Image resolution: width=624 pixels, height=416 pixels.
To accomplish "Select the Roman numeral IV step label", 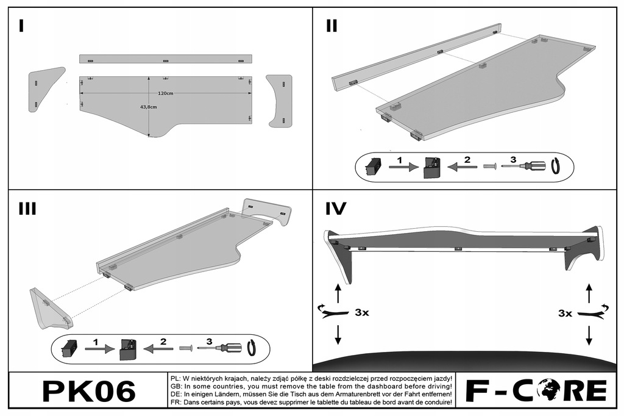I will pyautogui.click(x=336, y=209).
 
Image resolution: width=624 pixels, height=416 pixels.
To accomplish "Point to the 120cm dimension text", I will pyautogui.click(x=165, y=93).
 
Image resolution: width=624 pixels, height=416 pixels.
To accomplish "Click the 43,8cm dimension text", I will pyautogui.click(x=148, y=107).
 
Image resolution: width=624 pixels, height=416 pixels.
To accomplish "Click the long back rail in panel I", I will pyautogui.click(x=165, y=59).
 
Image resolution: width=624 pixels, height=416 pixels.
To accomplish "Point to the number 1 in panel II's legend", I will pyautogui.click(x=399, y=160).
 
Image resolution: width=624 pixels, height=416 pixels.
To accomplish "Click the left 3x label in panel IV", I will pyautogui.click(x=361, y=313).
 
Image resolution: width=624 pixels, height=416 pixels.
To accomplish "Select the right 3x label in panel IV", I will pyautogui.click(x=565, y=313).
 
